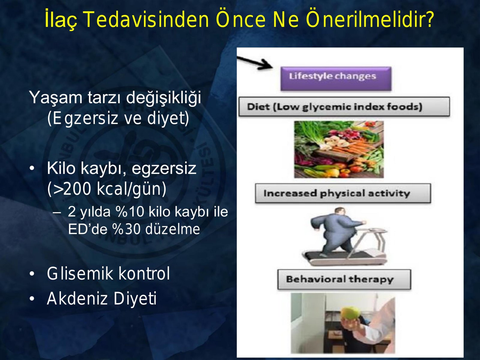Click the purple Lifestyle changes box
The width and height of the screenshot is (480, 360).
coord(336,79)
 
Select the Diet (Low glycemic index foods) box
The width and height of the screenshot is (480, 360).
coord(344,106)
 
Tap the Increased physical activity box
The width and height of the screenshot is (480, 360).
coord(343,193)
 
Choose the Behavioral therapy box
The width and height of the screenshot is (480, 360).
coord(344,279)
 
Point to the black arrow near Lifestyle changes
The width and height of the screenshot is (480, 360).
coord(255,63)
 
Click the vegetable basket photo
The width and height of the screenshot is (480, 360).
coord(339,149)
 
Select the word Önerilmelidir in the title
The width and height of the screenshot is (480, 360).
coord(370,19)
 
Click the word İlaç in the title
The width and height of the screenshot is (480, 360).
coord(61,19)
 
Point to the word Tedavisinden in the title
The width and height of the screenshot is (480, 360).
coord(146,19)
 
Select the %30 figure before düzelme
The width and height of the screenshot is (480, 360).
coord(126,229)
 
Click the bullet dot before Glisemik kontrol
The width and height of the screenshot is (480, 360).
coord(32,274)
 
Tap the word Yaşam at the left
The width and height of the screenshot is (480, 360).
coord(55,97)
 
